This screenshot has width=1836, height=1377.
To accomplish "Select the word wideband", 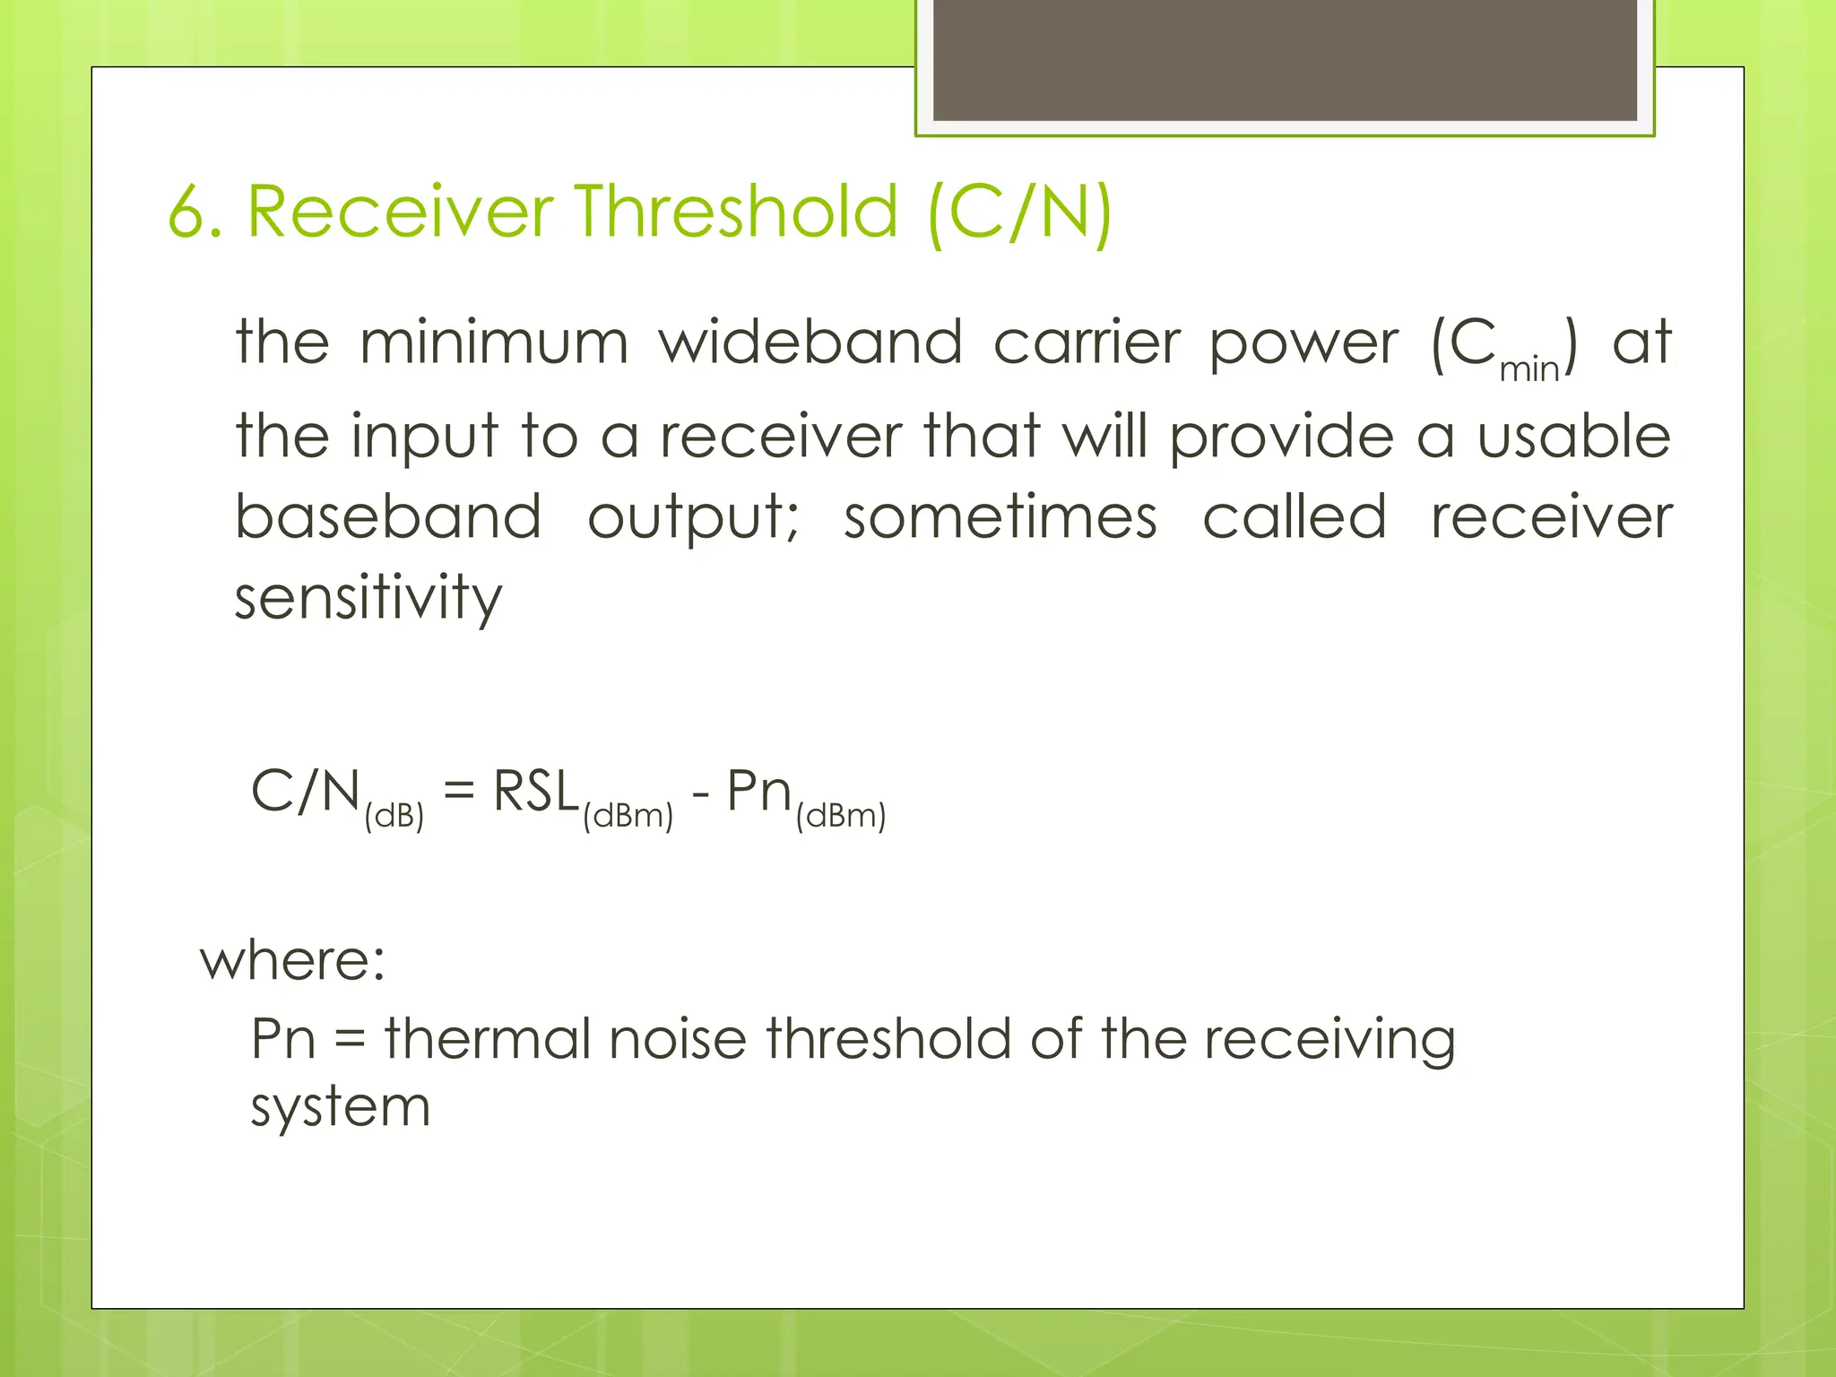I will (810, 343).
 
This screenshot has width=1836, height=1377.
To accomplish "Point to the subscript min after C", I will (1529, 369).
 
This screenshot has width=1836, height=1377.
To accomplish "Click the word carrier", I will (1087, 343).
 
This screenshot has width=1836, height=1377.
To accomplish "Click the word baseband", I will (388, 517).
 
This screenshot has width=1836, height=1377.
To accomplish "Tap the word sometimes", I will (1000, 517).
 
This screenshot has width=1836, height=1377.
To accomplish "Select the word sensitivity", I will (368, 598).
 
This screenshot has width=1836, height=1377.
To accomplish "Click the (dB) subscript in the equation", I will (394, 816).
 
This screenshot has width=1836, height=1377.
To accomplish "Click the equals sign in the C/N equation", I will (458, 792).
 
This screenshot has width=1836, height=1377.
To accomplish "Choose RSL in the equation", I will (536, 792).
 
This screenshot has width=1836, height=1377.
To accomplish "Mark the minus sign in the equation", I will (700, 794).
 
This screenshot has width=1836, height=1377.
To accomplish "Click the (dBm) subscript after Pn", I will (840, 816).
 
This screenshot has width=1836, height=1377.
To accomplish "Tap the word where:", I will (292, 960).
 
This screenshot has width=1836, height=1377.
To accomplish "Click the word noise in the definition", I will (677, 1039).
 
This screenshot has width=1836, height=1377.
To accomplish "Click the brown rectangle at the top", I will (1285, 59).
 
